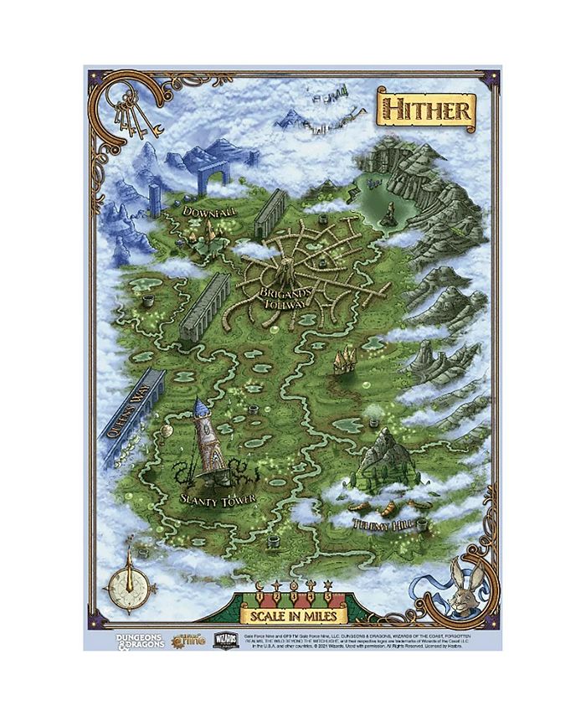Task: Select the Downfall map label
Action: [209, 213]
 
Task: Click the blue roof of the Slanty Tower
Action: [200, 408]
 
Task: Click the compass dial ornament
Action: [129, 579]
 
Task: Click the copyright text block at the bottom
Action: [368, 641]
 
